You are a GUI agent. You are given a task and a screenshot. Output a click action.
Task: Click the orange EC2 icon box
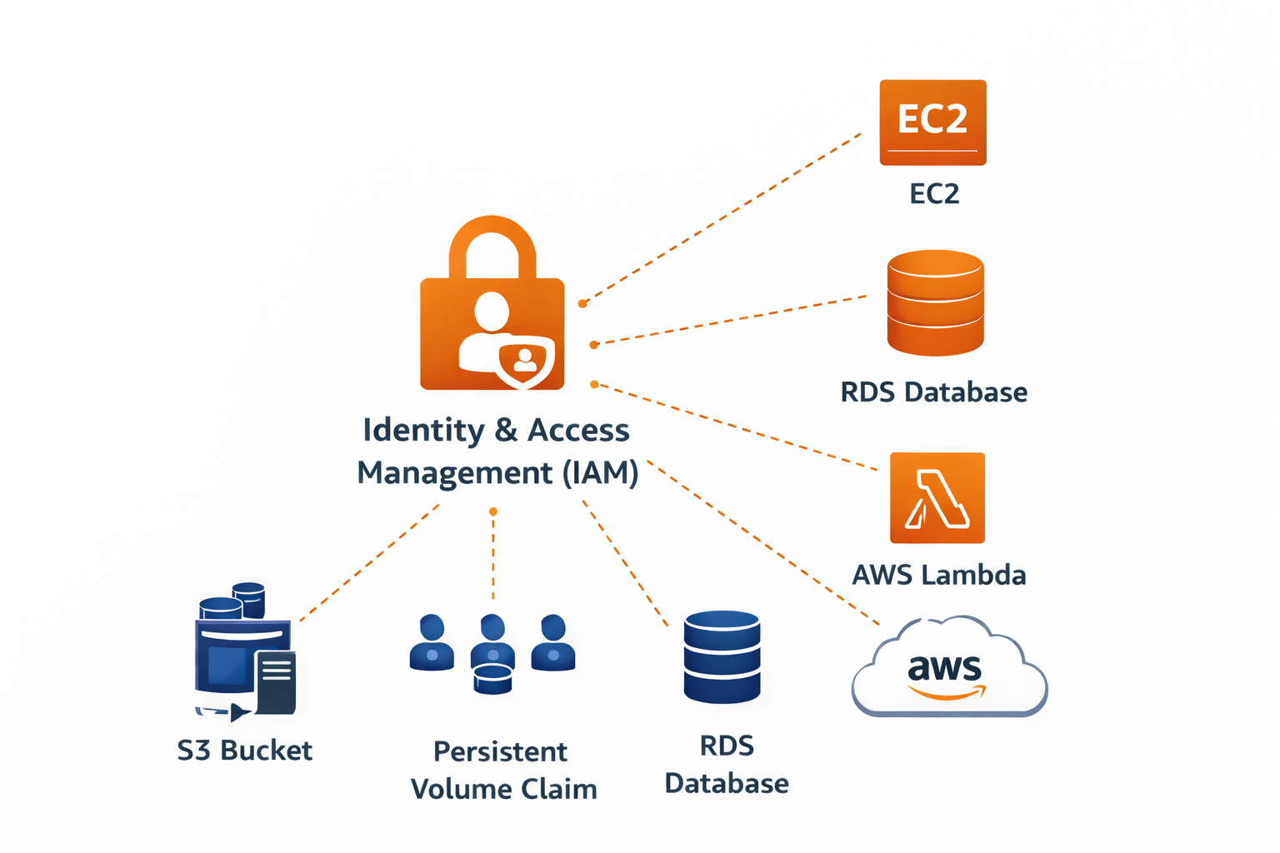(x=932, y=122)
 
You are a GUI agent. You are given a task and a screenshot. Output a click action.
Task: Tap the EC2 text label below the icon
(x=934, y=194)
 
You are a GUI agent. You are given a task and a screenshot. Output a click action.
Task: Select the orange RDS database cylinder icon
(x=935, y=302)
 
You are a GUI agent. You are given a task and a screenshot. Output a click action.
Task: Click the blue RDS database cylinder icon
(x=722, y=657)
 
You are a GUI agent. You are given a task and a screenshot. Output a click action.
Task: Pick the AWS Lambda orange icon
(x=937, y=498)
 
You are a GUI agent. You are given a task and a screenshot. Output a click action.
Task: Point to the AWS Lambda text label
(x=938, y=575)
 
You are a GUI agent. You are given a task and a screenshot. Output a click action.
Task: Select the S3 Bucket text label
(x=244, y=751)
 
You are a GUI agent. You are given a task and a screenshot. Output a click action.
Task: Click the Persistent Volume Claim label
(x=503, y=771)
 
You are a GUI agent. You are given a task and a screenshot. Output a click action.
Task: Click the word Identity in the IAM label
(x=423, y=431)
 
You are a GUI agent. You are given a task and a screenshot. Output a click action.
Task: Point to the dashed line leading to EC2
(x=725, y=216)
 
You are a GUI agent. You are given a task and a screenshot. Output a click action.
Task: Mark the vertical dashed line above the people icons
(x=493, y=558)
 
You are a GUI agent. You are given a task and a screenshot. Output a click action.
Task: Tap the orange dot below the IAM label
(x=493, y=511)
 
